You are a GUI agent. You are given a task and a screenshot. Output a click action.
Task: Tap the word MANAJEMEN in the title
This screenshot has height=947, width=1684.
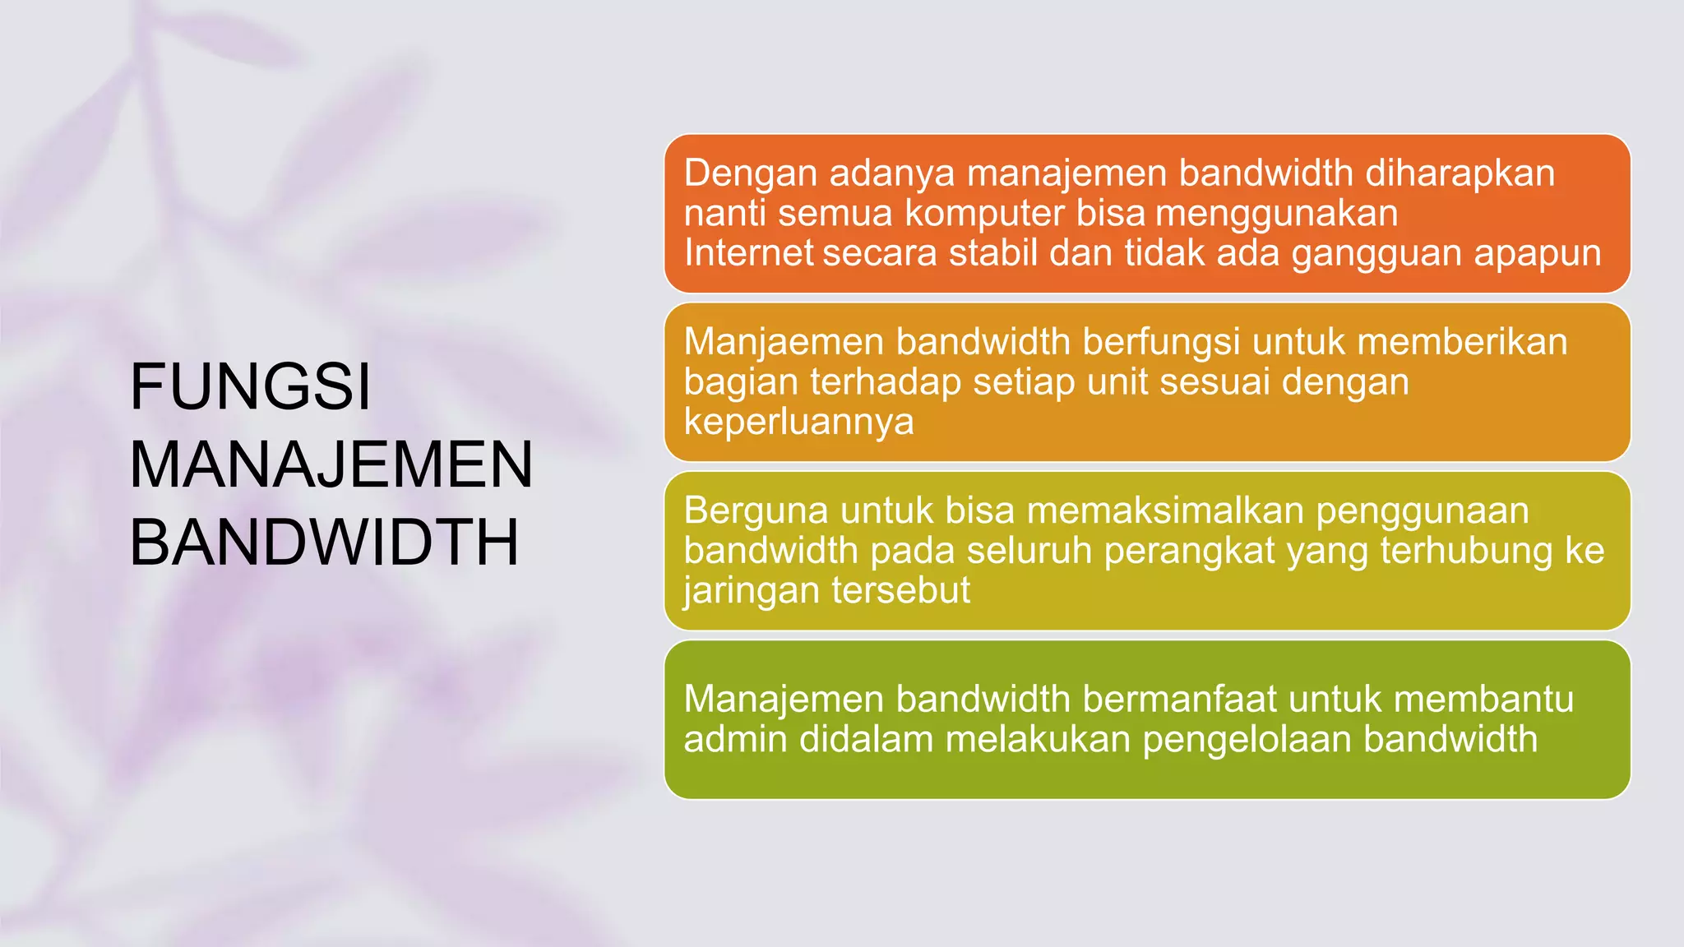331,464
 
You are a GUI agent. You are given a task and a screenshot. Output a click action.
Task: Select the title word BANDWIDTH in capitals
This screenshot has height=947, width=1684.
325,542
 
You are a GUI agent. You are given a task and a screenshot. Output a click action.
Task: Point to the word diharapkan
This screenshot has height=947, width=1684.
1460,174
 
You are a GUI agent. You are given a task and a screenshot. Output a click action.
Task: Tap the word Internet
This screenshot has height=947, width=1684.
748,252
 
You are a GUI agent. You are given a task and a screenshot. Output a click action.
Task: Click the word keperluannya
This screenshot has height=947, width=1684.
798,423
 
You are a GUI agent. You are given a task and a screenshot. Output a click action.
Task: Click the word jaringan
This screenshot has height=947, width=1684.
751,591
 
